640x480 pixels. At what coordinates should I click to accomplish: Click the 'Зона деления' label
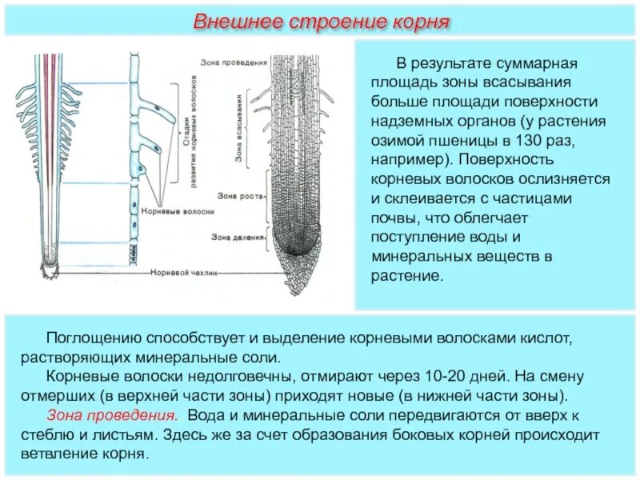tap(233, 237)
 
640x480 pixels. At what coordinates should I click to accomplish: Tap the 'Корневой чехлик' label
tap(182, 272)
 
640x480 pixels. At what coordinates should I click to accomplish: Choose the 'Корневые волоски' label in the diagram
tap(166, 211)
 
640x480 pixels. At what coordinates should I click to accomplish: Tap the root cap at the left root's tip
tap(48, 271)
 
